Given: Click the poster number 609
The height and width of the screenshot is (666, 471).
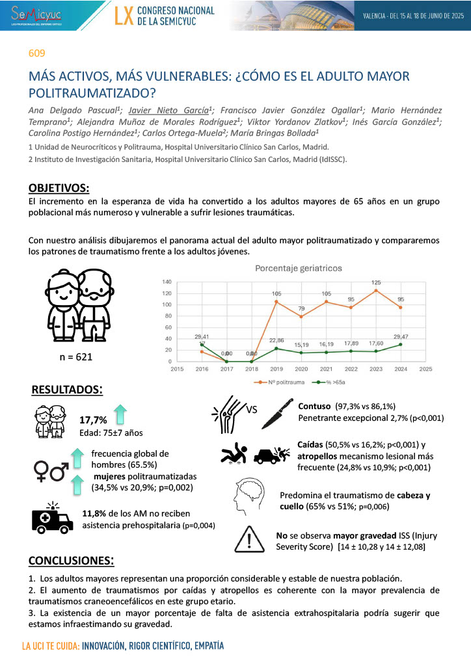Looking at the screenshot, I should [x=37, y=54].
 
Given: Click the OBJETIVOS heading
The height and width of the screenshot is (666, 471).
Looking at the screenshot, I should [x=59, y=189].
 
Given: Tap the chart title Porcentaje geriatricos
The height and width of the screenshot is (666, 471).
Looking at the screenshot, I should [x=289, y=267].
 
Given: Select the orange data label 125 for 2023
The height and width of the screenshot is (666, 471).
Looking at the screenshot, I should [x=376, y=282].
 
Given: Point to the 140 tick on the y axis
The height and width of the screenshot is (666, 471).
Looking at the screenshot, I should [x=167, y=282].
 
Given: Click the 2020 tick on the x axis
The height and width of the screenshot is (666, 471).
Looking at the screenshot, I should [x=301, y=368].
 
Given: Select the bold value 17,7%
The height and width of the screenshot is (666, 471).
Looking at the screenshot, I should [x=92, y=420].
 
